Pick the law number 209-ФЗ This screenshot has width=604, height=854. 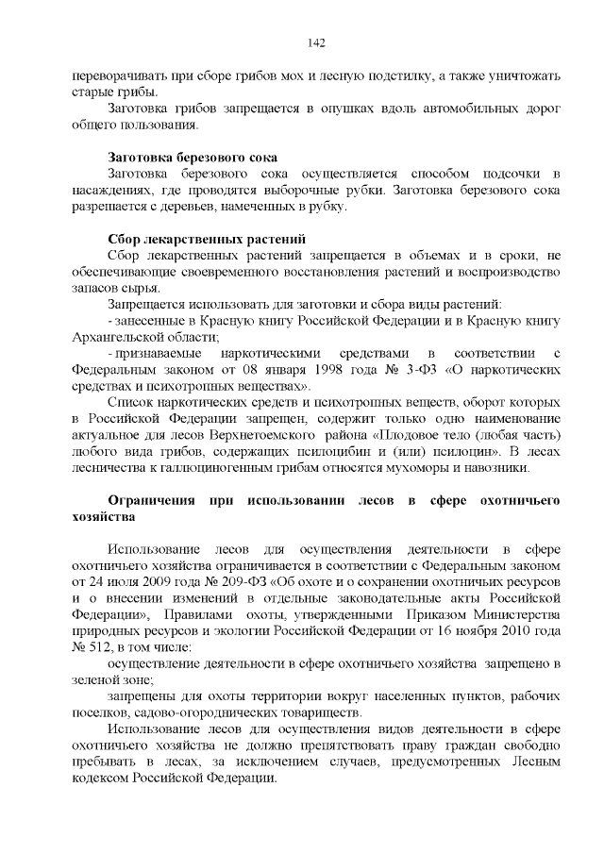tap(219, 579)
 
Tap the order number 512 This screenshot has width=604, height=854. tap(100, 646)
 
